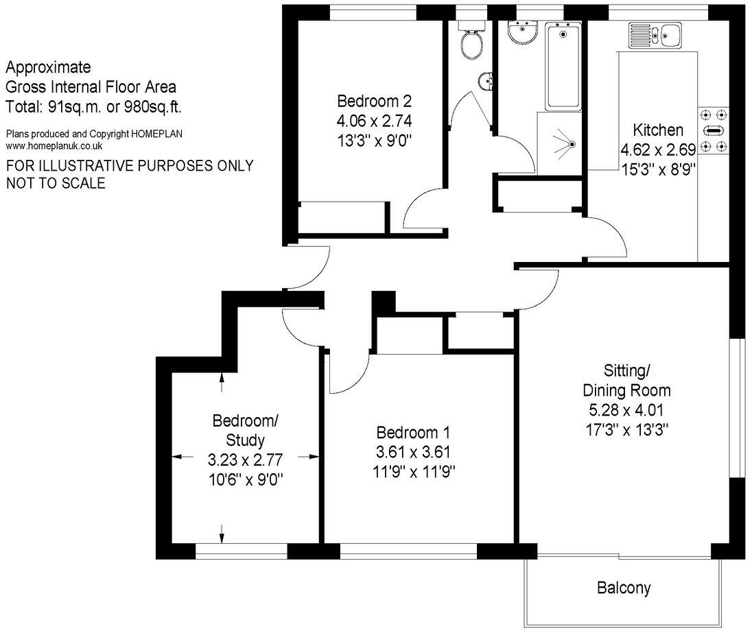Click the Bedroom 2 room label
pyautogui.click(x=374, y=102)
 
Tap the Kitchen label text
pyautogui.click(x=657, y=130)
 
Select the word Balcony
pyautogui.click(x=623, y=588)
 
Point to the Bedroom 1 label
pyautogui.click(x=413, y=433)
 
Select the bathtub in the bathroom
pyautogui.click(x=563, y=67)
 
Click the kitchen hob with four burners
pyautogui.click(x=714, y=130)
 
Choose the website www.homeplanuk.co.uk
pyautogui.click(x=54, y=146)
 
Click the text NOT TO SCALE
pyautogui.click(x=56, y=183)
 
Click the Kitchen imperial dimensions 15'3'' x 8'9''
pyautogui.click(x=658, y=168)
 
